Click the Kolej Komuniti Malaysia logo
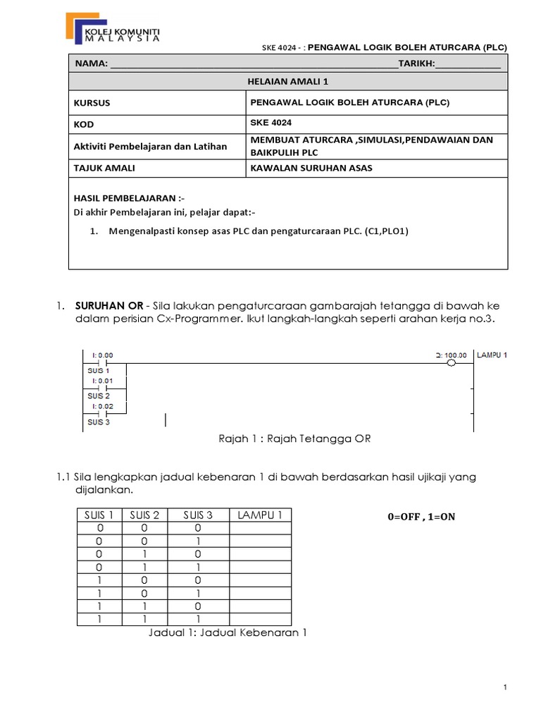(x=112, y=28)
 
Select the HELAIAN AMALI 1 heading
(x=287, y=82)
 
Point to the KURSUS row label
(x=92, y=103)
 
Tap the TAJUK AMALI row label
(x=104, y=168)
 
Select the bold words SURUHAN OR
(x=104, y=305)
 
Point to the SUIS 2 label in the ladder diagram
(x=98, y=396)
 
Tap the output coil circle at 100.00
(x=452, y=363)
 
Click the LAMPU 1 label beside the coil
(x=492, y=355)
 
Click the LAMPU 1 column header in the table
(x=260, y=515)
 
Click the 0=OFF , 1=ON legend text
(x=421, y=517)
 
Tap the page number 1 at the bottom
(x=506, y=687)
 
